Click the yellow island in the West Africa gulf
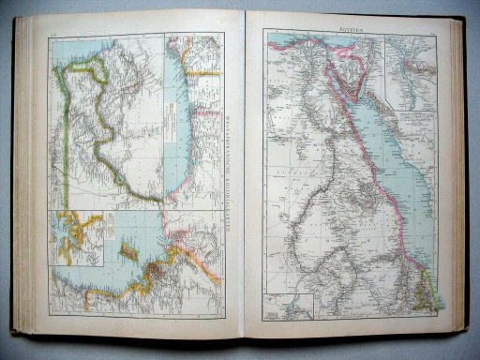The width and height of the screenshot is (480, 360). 127,252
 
